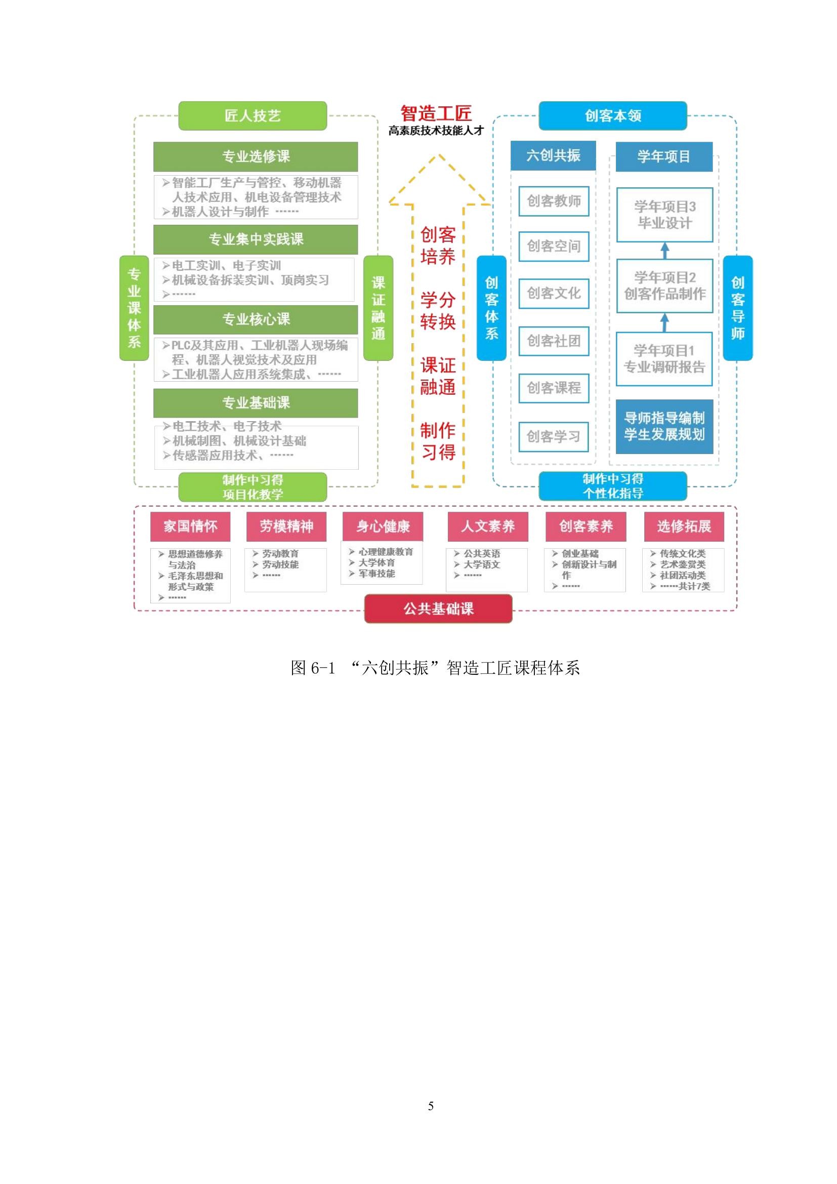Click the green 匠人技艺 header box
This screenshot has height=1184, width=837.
pos(253,115)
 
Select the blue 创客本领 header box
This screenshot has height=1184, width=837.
pos(612,115)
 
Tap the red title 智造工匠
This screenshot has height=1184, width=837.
pos(436,113)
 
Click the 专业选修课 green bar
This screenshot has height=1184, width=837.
pos(256,156)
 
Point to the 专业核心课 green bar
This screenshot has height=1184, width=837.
pos(256,319)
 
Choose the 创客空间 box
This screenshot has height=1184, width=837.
pos(554,246)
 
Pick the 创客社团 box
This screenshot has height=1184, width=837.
pos(554,341)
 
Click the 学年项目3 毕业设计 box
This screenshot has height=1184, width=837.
pos(664,215)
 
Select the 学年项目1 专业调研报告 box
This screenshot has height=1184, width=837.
pos(664,359)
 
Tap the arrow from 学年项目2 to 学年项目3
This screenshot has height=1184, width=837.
pos(665,251)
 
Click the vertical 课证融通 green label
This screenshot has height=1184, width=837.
pos(379,308)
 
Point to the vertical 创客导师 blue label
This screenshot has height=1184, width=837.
pos(737,308)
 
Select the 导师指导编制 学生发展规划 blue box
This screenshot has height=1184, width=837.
pos(664,426)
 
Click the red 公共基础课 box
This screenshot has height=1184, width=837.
pos(438,608)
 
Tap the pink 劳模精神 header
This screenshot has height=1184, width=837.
pos(286,526)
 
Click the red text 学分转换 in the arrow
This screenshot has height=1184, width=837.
pos(438,310)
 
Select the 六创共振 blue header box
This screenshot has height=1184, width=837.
pos(553,155)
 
